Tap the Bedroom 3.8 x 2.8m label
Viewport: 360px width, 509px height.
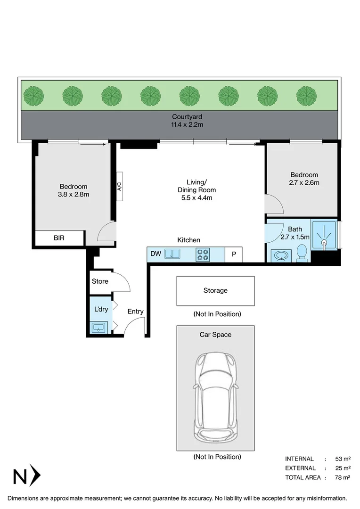click(x=73, y=190)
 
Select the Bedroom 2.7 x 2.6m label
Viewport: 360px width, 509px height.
click(x=303, y=179)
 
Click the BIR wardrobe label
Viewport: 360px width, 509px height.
click(x=59, y=238)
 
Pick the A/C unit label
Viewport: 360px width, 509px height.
click(x=119, y=187)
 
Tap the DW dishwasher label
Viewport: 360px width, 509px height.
click(x=155, y=254)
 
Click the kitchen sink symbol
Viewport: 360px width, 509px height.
click(x=172, y=254)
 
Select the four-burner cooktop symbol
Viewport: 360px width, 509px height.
click(x=203, y=254)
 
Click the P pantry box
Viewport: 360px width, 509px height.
click(x=233, y=254)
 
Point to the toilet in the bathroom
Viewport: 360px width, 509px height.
click(x=302, y=254)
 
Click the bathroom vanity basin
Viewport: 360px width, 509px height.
click(x=282, y=255)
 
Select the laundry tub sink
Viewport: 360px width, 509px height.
click(x=99, y=327)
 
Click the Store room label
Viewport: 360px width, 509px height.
click(x=100, y=281)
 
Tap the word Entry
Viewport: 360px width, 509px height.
click(x=136, y=312)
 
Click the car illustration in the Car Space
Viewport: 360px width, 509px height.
click(x=215, y=396)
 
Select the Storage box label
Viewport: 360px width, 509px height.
click(x=215, y=291)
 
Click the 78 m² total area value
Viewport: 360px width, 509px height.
click(x=343, y=477)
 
